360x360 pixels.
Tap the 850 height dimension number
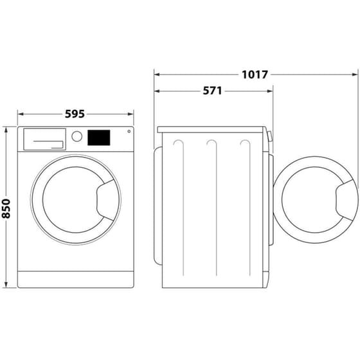(x=7, y=206)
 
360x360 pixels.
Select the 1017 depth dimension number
(x=255, y=75)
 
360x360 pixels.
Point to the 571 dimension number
(x=212, y=91)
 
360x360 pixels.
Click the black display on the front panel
(x=98, y=137)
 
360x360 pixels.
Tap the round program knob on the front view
(x=77, y=136)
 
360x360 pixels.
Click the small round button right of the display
(x=129, y=132)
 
